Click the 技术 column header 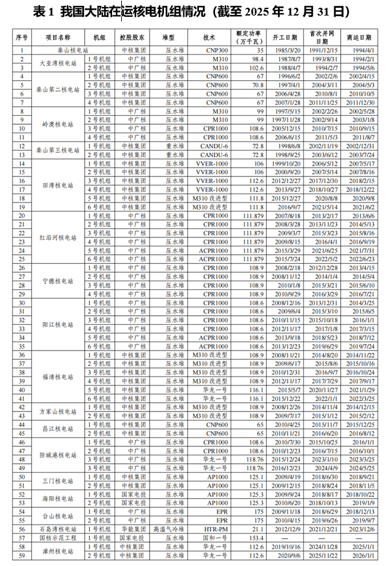click(x=209, y=38)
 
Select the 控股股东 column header click(x=133, y=38)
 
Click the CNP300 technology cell click(x=209, y=50)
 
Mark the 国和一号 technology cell click(x=209, y=537)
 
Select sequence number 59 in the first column click(x=22, y=555)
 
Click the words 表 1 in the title click(x=41, y=12)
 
